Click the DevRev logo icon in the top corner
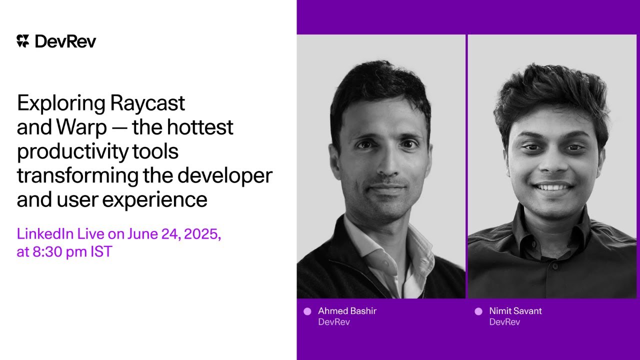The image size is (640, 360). [23, 41]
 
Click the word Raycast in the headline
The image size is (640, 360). [147, 103]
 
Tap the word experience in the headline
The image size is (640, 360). [154, 199]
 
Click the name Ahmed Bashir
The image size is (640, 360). [347, 311]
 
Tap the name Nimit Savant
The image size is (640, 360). [515, 311]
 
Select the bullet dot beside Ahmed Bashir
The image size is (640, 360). [307, 311]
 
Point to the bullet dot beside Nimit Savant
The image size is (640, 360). [478, 311]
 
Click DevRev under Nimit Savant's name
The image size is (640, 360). [504, 322]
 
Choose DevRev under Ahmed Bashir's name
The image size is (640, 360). [333, 322]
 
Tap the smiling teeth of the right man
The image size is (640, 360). [553, 187]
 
